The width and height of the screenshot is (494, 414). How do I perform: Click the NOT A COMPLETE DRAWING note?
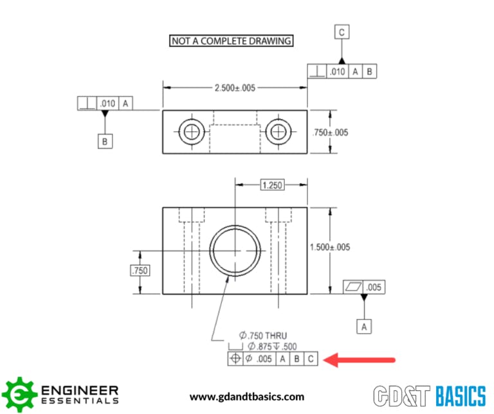pyautogui.click(x=231, y=41)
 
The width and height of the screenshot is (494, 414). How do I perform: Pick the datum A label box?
pyautogui.click(x=364, y=326)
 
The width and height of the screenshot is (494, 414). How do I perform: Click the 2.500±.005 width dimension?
pyautogui.click(x=234, y=88)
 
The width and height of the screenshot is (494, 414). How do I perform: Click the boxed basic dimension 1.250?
pyautogui.click(x=271, y=185)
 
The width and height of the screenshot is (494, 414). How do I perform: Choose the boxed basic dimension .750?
pyautogui.click(x=140, y=271)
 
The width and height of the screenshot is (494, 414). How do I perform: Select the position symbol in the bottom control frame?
pyautogui.click(x=234, y=359)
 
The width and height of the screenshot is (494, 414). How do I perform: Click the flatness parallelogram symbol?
pyautogui.click(x=353, y=288)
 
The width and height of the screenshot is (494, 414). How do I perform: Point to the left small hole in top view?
pyautogui.click(x=190, y=132)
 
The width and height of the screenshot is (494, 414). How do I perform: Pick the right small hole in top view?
pyautogui.click(x=278, y=132)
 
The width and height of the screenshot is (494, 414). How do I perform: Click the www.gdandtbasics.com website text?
pyautogui.click(x=247, y=397)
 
